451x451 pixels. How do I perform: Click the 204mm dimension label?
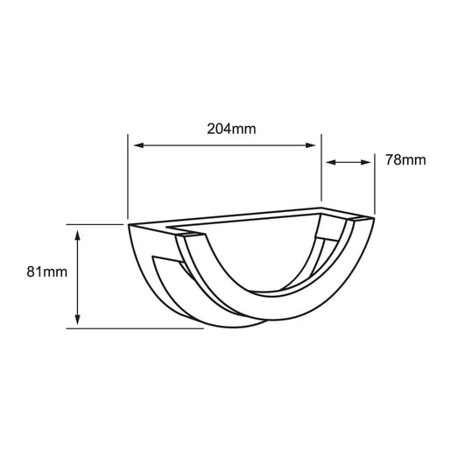[x=231, y=129]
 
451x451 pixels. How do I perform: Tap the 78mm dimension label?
[x=405, y=160]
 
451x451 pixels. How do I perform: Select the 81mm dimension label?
[x=47, y=272]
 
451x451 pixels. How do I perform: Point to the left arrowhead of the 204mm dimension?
[x=136, y=145]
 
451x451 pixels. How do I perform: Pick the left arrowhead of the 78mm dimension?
[x=330, y=162]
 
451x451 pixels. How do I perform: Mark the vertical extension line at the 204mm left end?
[x=128, y=175]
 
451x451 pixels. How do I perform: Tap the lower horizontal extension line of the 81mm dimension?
[x=131, y=328]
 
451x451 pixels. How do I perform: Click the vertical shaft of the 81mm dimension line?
[x=78, y=277]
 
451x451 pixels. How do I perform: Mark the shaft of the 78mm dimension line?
[x=349, y=162]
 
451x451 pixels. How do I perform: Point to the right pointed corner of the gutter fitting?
[x=374, y=218]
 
